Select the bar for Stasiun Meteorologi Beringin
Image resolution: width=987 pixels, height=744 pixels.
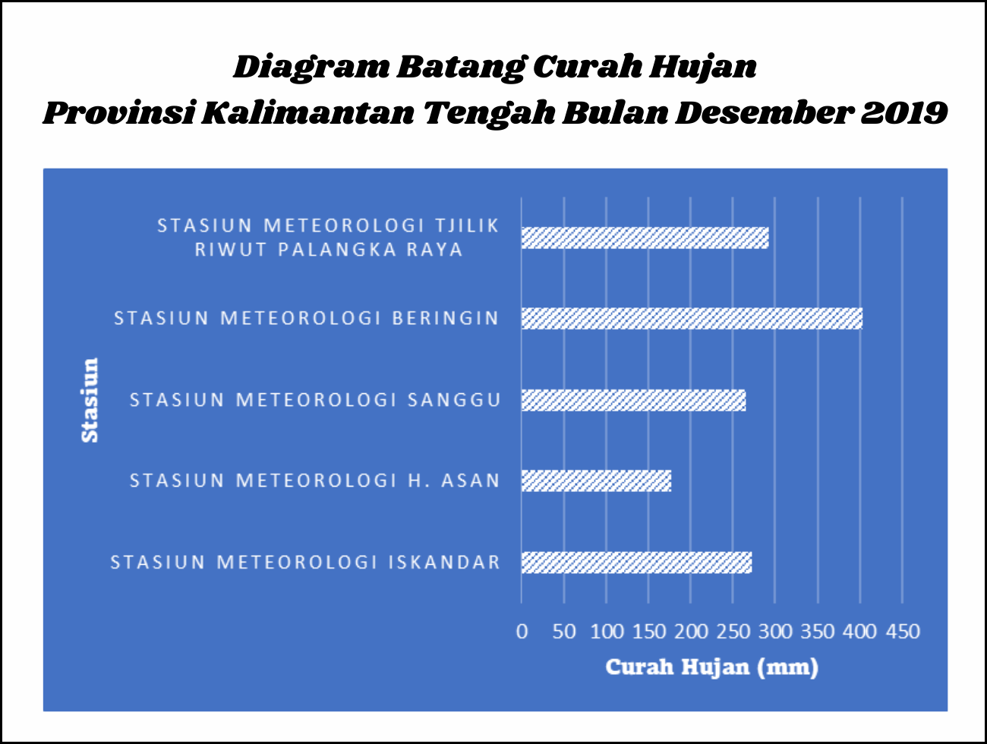tap(692, 318)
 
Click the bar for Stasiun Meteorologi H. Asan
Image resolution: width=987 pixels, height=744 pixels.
tap(596, 481)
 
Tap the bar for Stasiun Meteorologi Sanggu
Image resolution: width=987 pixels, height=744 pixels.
tap(633, 400)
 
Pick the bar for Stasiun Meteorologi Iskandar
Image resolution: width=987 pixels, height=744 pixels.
tap(637, 563)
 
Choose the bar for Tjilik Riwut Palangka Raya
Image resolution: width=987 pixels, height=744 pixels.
tap(645, 238)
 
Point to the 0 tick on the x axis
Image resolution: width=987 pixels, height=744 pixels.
tap(522, 632)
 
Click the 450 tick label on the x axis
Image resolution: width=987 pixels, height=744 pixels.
tap(903, 632)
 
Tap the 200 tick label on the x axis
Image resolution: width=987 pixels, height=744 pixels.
tap(691, 632)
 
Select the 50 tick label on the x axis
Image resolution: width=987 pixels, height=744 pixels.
tap(564, 632)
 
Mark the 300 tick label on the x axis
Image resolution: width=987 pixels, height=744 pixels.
tap(775, 632)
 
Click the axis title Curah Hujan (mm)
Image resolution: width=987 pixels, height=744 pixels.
tap(712, 667)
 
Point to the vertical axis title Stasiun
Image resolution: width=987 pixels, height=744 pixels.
tap(90, 400)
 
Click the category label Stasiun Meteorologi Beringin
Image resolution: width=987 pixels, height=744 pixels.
tap(306, 318)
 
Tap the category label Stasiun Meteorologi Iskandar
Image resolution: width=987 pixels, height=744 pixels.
tap(305, 563)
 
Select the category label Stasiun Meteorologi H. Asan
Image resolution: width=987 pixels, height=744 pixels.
tap(315, 481)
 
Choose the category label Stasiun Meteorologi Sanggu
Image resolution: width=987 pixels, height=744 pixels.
tap(315, 399)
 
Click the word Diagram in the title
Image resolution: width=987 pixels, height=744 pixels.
tap(311, 68)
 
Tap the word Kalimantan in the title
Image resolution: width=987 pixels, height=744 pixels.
tap(308, 112)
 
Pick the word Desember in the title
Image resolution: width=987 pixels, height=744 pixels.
tap(764, 112)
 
